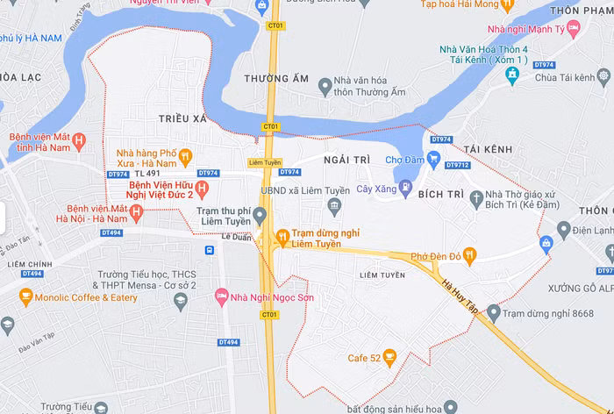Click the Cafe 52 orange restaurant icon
coord(390,357)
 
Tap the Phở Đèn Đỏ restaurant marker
coord(470,256)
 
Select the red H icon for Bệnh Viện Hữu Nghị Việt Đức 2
coord(203,189)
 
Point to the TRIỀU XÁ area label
coord(182,118)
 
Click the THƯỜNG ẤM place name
coord(275,79)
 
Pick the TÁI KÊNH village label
coord(489,150)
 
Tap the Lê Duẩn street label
coord(236,236)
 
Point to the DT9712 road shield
coord(457,165)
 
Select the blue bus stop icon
coord(210,250)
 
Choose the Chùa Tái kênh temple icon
coord(513,76)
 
